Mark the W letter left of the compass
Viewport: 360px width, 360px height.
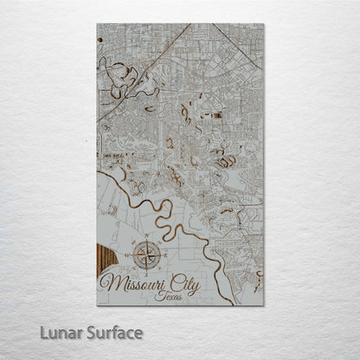pyautogui.click(x=127, y=254)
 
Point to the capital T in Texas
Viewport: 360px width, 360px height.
pyautogui.click(x=158, y=294)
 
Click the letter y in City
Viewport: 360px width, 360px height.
pyautogui.click(x=208, y=283)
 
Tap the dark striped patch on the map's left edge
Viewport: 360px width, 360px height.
pyautogui.click(x=102, y=260)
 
